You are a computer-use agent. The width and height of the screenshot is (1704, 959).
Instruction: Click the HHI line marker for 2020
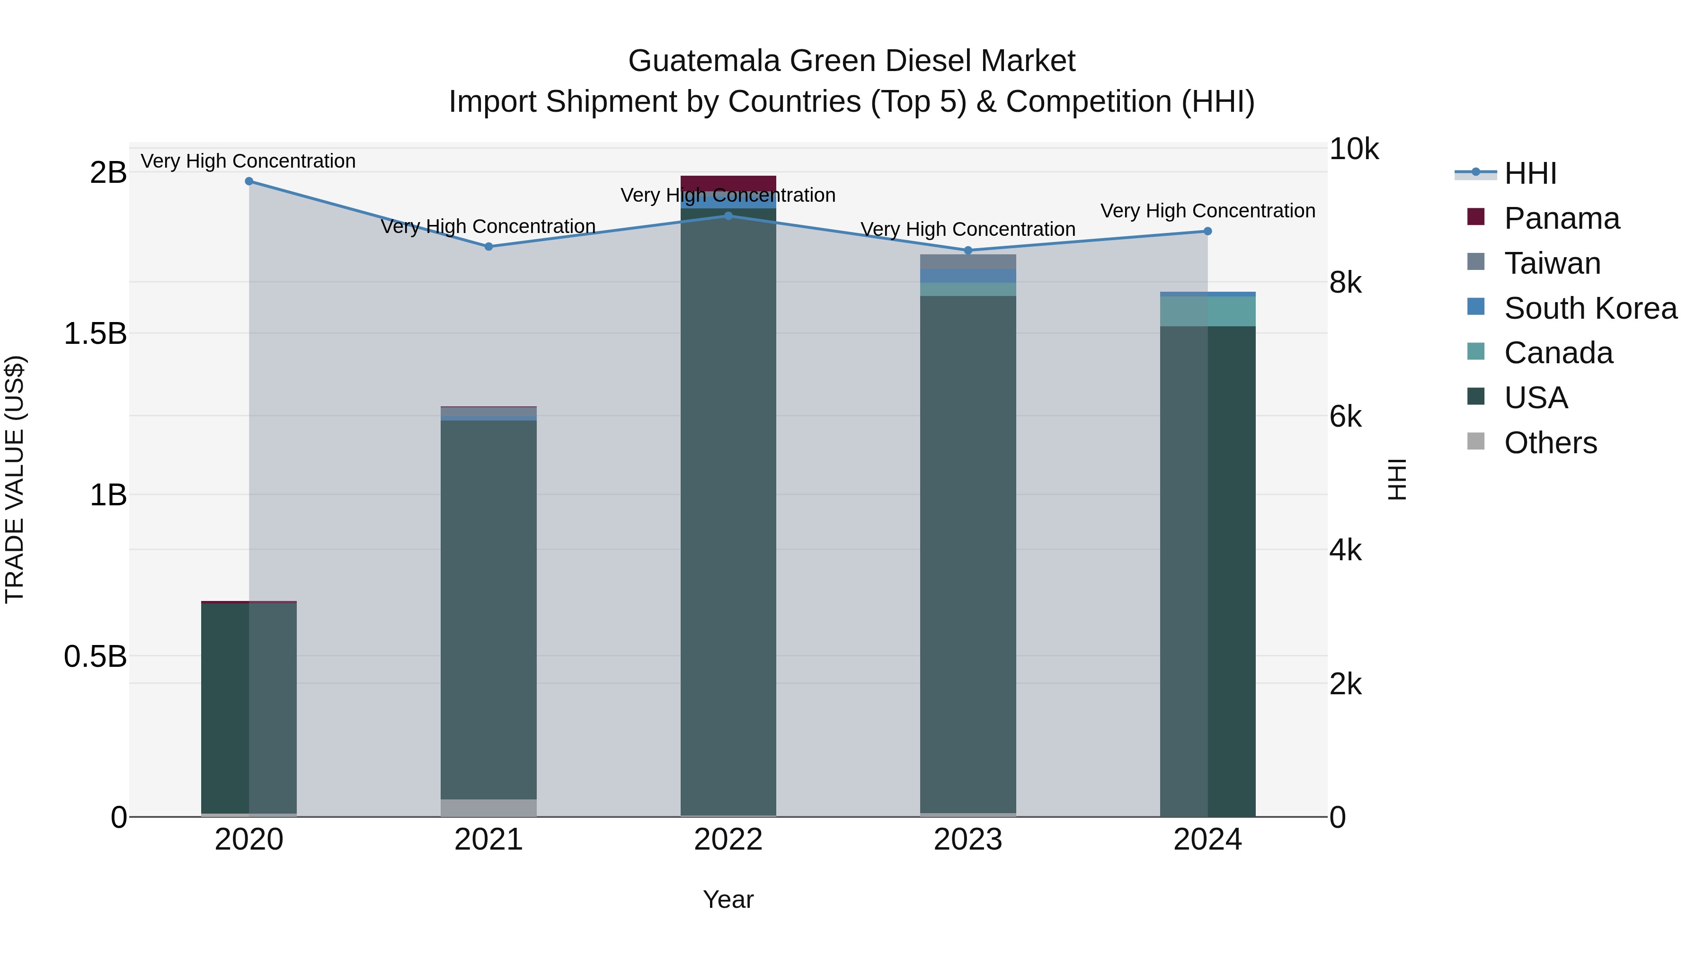(248, 181)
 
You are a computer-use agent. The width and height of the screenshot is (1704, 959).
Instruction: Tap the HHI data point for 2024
(1207, 231)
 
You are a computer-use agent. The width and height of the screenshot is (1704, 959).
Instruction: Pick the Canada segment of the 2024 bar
(1207, 311)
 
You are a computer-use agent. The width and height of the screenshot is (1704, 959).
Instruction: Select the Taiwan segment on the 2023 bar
(968, 262)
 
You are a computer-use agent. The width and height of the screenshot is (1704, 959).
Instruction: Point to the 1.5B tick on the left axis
(95, 333)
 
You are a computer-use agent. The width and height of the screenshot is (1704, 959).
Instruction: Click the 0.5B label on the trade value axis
(95, 656)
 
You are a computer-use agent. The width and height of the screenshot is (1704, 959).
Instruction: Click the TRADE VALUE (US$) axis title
(15, 479)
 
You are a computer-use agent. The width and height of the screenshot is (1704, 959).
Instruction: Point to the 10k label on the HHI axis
(1353, 150)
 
